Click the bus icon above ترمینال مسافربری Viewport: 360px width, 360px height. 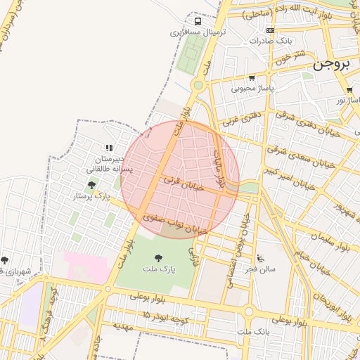coord(198,21)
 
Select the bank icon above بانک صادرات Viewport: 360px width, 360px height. coord(271,30)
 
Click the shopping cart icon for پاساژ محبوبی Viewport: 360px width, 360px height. coord(252,78)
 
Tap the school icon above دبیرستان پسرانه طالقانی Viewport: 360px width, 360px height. coord(108,148)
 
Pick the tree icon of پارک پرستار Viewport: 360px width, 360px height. coord(91,185)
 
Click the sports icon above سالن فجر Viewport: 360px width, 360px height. coord(262,257)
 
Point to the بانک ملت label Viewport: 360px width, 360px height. coord(253,330)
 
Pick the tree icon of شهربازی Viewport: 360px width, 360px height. coord(5,260)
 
